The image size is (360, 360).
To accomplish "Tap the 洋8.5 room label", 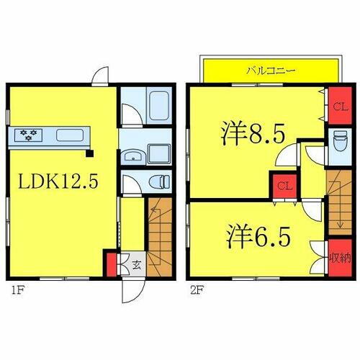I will click(253, 135).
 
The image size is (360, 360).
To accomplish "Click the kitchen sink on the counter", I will click(71, 135).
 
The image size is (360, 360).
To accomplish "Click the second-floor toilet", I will click(339, 142).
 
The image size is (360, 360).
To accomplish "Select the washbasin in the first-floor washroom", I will click(132, 156).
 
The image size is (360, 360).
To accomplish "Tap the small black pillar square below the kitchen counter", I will click(89, 153).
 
